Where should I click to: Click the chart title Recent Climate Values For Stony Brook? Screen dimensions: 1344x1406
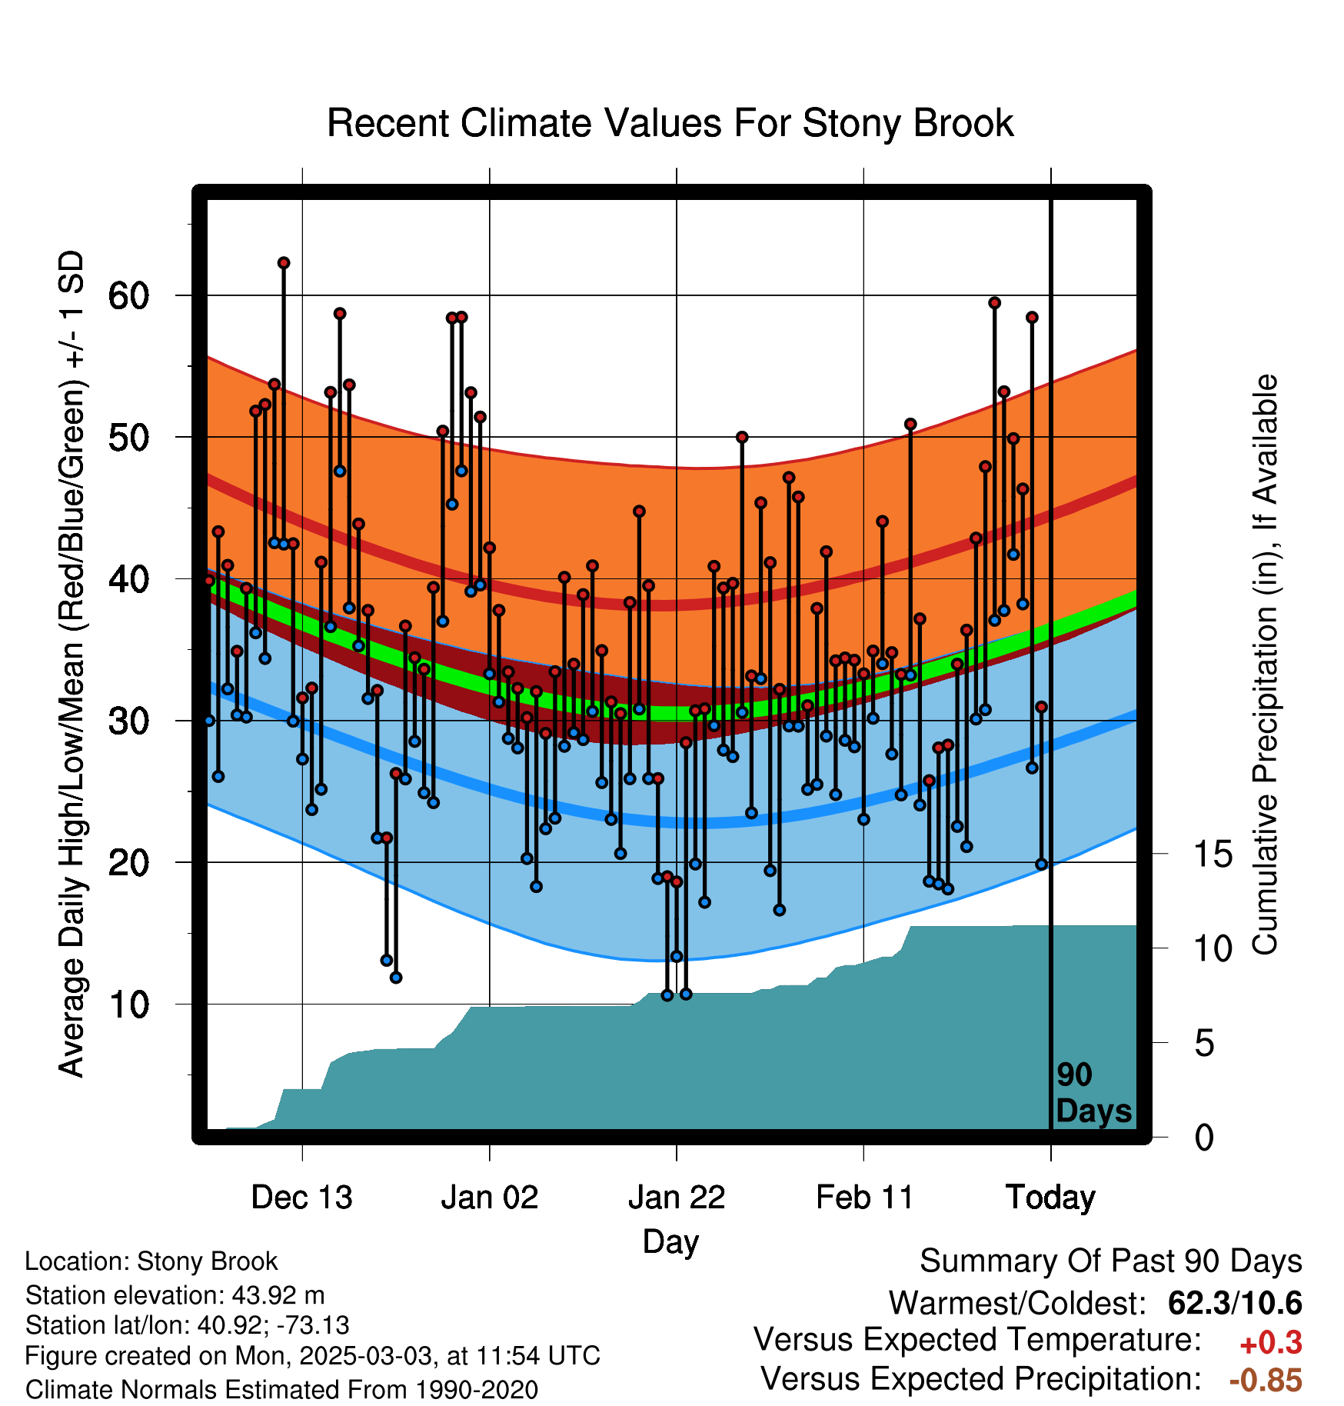point(670,123)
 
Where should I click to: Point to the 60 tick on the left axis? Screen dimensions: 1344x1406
point(129,295)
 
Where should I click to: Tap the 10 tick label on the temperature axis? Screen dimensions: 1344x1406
point(129,1005)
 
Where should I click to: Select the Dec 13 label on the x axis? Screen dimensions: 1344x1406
point(302,1198)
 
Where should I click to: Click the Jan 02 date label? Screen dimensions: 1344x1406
point(490,1198)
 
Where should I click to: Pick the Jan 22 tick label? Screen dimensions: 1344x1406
point(677,1198)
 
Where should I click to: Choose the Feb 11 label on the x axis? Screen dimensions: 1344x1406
point(864,1198)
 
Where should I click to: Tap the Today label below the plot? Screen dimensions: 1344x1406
point(1051,1198)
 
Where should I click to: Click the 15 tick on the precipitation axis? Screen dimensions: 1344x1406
point(1213,854)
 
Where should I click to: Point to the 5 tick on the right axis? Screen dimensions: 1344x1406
point(1205,1043)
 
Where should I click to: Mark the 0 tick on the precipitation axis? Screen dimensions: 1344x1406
point(1205,1137)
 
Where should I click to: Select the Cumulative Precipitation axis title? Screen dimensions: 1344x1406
point(1266,665)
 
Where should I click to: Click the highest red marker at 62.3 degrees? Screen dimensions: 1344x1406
point(284,263)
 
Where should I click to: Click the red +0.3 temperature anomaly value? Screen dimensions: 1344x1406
point(1271,1343)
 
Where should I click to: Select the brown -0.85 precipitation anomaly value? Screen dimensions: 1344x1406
point(1266,1380)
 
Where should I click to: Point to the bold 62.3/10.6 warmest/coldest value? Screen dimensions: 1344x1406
point(1235,1303)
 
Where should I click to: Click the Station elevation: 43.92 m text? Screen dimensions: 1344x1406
point(175,1295)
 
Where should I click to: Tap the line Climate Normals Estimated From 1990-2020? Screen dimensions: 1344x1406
point(281,1390)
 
